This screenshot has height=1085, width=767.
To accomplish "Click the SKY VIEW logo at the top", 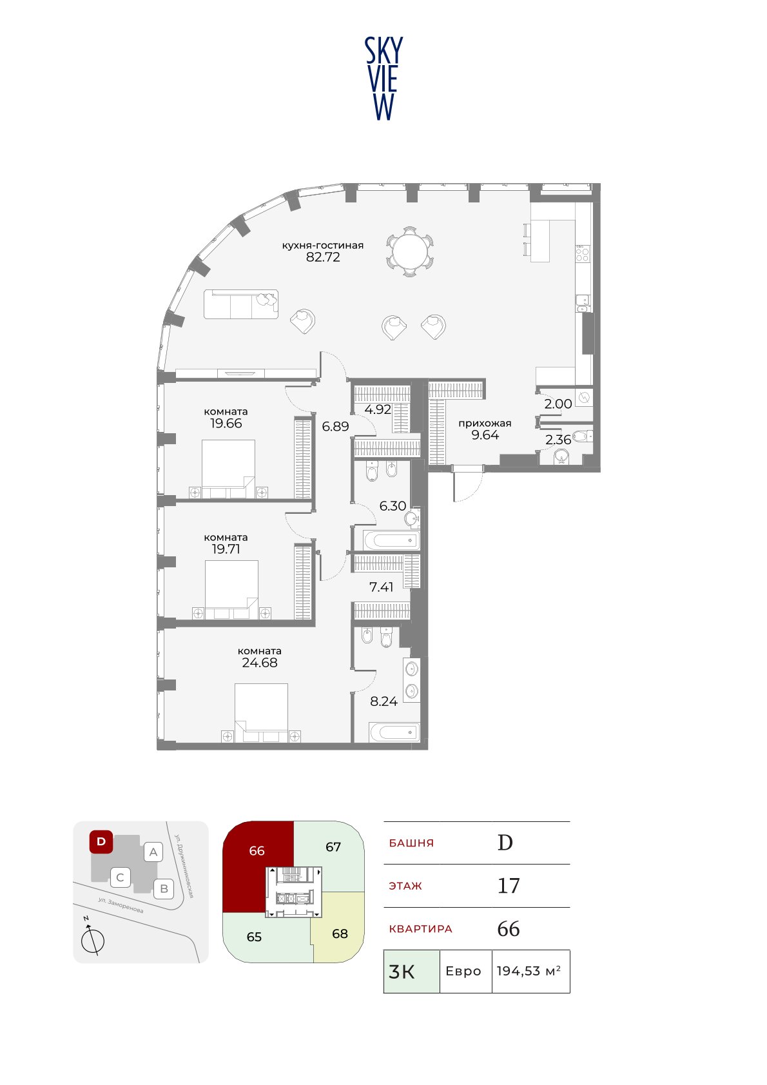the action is point(383,79).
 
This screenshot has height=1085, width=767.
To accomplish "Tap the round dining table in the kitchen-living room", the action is point(410,251).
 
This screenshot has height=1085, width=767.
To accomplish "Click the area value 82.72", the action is point(323,257).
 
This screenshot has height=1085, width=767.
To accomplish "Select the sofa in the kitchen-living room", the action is point(240,304).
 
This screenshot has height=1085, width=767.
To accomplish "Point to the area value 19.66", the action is point(226,424).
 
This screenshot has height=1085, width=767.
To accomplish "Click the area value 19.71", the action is point(226,549).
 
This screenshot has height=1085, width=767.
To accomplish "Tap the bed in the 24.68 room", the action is point(261,712).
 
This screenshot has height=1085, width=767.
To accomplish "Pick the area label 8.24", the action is point(383,701).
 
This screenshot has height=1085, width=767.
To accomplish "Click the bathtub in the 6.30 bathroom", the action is point(391,540).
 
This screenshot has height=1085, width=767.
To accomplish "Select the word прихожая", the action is point(485,424).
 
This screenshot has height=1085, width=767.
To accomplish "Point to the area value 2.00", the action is point(558,404).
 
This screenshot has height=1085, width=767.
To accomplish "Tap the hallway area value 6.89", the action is point(335,426).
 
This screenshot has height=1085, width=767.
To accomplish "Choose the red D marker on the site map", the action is point(101,841).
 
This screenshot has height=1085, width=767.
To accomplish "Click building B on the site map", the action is point(164,889).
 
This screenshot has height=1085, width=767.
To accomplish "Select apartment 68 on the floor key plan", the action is point(339,932).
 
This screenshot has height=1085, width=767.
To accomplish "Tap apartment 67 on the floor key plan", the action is point(333,846).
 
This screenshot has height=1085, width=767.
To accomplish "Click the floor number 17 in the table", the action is point(509,886).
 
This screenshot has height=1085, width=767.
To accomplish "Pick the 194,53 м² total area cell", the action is point(530,971).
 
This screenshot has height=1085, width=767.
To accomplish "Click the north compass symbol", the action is point(92,941).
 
